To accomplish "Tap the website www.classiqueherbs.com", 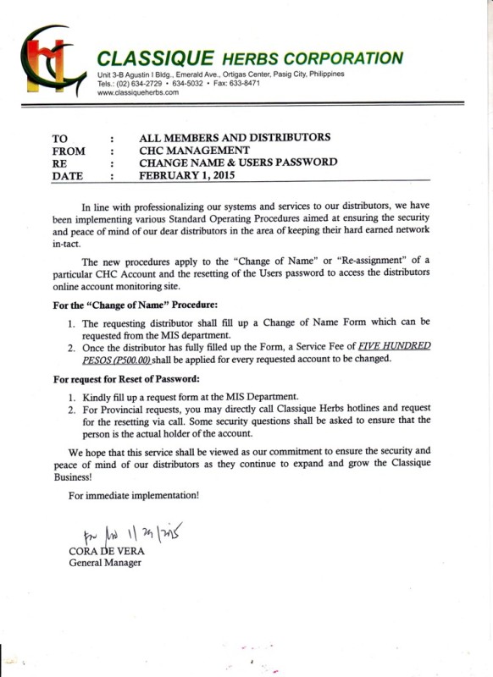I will pyautogui.click(x=138, y=92).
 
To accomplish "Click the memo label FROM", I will pyautogui.click(x=69, y=150).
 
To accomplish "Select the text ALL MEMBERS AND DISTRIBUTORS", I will pyautogui.click(x=235, y=137).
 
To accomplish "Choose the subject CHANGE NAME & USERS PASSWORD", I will pyautogui.click(x=238, y=162).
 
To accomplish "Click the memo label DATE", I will pyautogui.click(x=69, y=176).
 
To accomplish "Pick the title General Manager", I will pyautogui.click(x=106, y=563).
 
